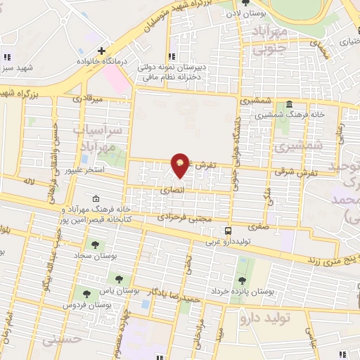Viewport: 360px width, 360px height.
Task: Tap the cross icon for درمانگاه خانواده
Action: click(x=102, y=51)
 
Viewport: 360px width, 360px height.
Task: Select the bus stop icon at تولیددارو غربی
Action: click(x=228, y=231)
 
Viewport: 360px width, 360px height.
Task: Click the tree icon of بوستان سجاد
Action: click(x=94, y=245)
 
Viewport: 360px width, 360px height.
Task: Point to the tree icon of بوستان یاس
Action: click(x=118, y=278)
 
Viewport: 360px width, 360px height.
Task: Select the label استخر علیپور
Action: click(x=84, y=171)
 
